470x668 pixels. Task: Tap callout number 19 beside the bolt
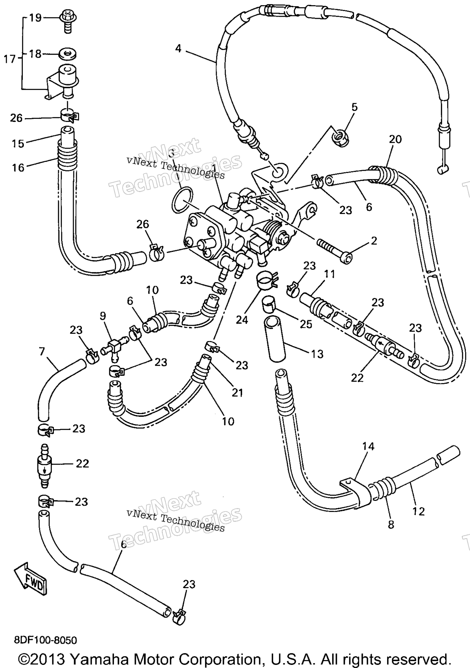point(35,17)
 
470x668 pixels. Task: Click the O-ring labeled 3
point(182,200)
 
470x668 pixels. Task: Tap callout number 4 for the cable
point(178,49)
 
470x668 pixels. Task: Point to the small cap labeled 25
point(269,303)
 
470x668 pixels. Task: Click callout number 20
point(395,139)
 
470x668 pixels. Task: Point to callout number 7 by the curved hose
point(42,351)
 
